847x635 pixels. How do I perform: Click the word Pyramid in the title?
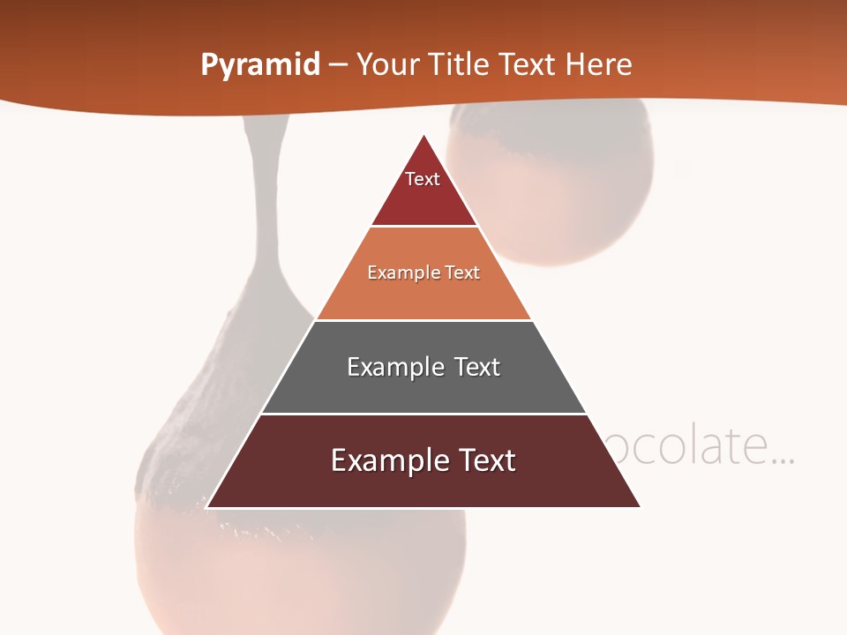[260, 65]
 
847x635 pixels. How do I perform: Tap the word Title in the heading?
[460, 65]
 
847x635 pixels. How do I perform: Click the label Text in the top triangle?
[423, 179]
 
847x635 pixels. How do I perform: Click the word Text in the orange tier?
[463, 273]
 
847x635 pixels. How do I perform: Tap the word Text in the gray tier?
[477, 367]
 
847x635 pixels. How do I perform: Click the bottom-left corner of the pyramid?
[207, 507]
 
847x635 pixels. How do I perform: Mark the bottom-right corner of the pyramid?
[641, 507]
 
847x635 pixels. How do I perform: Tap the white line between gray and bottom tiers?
[423, 414]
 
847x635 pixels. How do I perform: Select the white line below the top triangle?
[423, 227]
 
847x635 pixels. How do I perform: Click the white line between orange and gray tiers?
[423, 320]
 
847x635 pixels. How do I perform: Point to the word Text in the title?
[528, 65]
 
